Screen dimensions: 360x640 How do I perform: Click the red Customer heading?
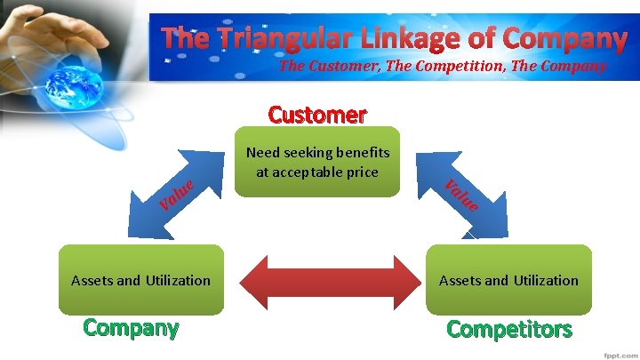pos(317,115)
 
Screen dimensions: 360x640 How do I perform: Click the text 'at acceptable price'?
pos(317,171)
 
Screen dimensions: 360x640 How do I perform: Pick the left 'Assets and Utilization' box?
pos(140,280)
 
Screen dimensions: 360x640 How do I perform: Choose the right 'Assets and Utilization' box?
pos(508,280)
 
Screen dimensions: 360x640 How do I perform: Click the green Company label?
pos(131,327)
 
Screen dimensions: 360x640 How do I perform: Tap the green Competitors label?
pos(508,329)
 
